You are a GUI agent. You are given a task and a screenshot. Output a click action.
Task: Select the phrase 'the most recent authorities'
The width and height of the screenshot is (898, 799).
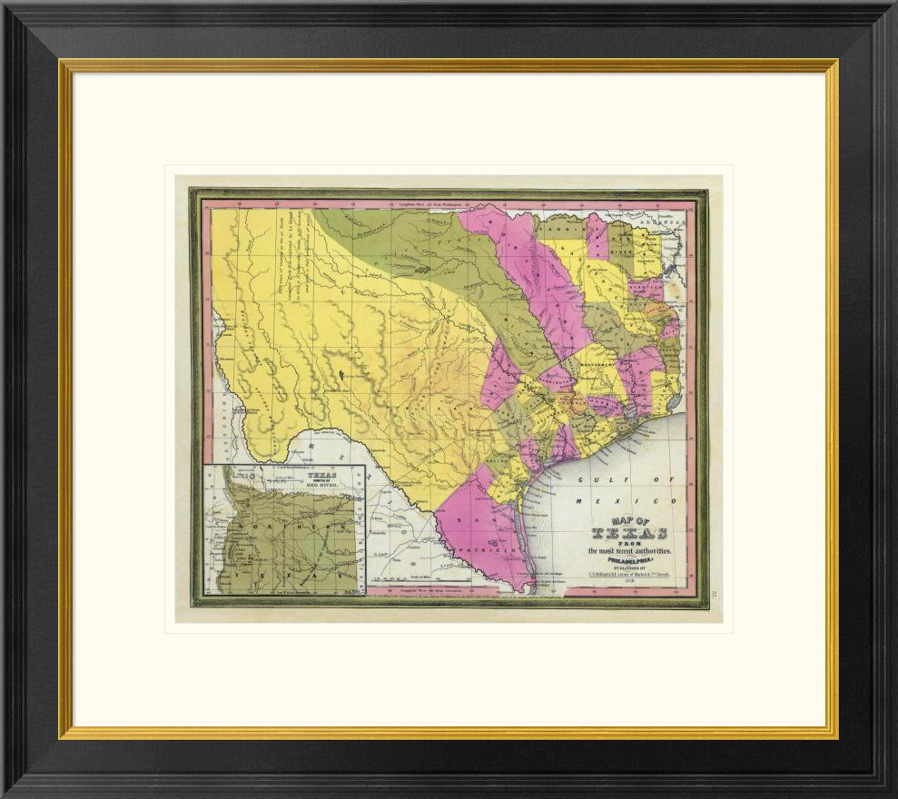pyautogui.click(x=632, y=551)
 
